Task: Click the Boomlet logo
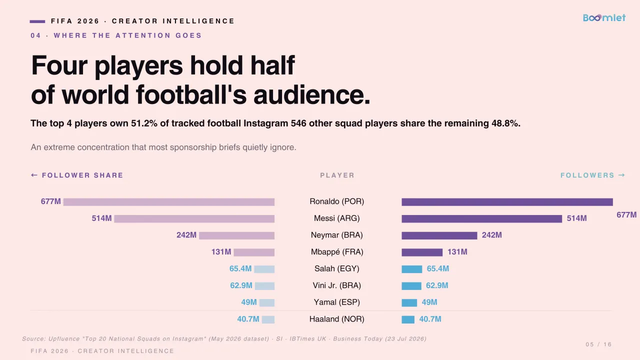(604, 17)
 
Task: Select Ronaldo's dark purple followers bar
(507, 202)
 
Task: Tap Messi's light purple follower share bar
(194, 219)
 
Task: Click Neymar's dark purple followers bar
(439, 235)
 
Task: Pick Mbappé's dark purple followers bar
(422, 252)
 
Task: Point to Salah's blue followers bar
(411, 269)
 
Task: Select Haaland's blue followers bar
(408, 319)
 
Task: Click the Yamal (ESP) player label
(337, 302)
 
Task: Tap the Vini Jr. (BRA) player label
(337, 285)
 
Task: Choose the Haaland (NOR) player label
(337, 319)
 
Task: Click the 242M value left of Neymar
(186, 235)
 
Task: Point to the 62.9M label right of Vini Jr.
(437, 285)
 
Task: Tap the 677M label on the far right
(626, 215)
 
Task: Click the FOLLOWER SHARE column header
(77, 175)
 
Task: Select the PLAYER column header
(337, 175)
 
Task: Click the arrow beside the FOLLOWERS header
(621, 175)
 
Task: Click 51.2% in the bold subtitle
(144, 123)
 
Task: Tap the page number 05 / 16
(598, 344)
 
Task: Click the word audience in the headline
(311, 95)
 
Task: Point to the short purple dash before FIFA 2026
(37, 21)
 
